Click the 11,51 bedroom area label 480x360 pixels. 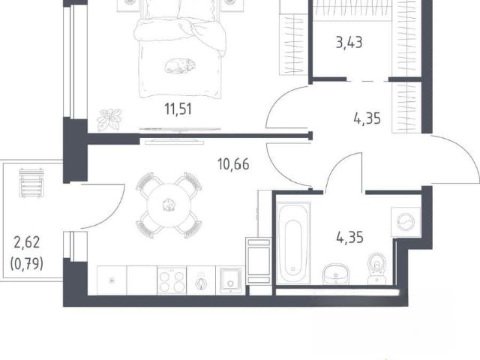(178, 109)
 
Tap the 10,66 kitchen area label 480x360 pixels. (233, 164)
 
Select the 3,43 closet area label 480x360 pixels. (349, 43)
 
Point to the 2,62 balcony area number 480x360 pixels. (27, 242)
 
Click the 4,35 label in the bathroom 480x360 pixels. (350, 238)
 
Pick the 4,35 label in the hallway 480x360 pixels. (367, 118)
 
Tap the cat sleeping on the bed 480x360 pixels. (180, 66)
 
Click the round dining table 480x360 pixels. (169, 205)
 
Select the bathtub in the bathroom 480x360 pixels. (293, 243)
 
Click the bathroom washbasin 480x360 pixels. (336, 273)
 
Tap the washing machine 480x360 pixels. (406, 222)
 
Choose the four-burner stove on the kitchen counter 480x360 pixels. (172, 281)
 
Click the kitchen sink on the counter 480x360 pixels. (230, 281)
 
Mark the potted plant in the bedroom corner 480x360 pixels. (109, 119)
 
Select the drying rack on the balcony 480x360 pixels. (31, 183)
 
